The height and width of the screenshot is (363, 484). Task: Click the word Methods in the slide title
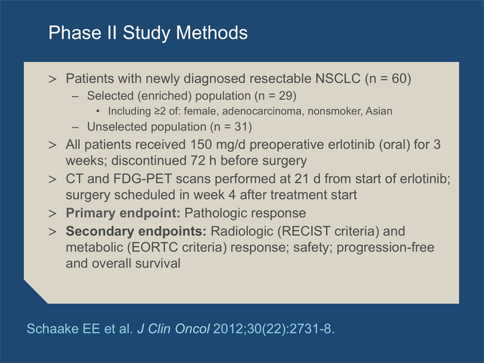tap(212, 33)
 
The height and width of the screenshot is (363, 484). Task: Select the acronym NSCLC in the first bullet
tap(338, 79)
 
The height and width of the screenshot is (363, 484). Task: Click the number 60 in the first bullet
tap(399, 79)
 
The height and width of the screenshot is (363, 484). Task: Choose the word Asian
tap(379, 111)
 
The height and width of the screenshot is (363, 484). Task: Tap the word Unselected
tap(116, 127)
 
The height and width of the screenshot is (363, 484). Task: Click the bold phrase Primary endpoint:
tap(123, 214)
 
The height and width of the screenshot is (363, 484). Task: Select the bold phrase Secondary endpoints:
tap(136, 231)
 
